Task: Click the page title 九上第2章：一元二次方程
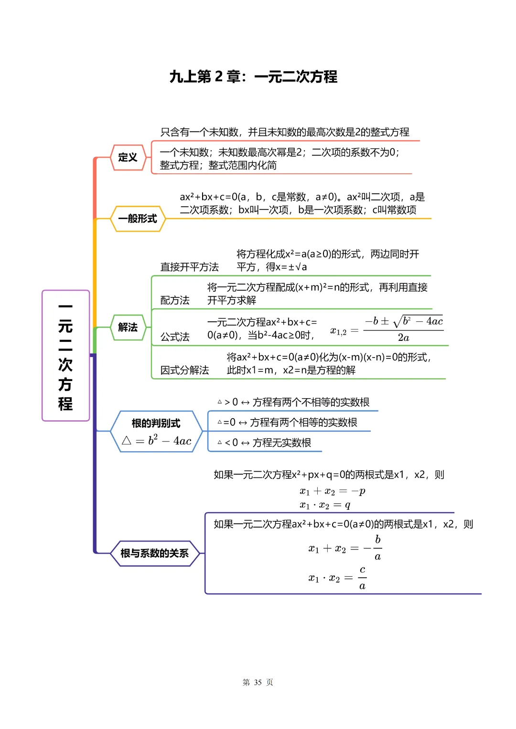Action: [x=253, y=76]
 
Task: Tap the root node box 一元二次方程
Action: [x=65, y=356]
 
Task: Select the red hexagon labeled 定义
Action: [x=128, y=158]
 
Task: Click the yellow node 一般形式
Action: [x=138, y=219]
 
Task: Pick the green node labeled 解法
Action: [x=128, y=327]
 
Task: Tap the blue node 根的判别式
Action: [x=156, y=431]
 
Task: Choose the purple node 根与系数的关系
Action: [x=154, y=553]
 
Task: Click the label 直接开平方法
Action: [x=189, y=267]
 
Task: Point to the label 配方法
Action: [x=174, y=300]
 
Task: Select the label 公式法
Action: [x=174, y=337]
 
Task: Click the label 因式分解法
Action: [x=184, y=370]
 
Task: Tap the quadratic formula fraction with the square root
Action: [x=404, y=329]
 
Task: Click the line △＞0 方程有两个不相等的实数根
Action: [x=293, y=402]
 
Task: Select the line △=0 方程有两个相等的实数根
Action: [x=288, y=423]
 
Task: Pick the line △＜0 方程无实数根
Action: [x=264, y=443]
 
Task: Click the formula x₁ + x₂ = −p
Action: [x=333, y=491]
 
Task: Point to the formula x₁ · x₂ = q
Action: [x=325, y=505]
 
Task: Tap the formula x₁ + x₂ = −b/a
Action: [x=345, y=548]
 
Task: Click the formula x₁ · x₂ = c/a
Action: [x=337, y=578]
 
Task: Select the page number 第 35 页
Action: [x=258, y=682]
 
